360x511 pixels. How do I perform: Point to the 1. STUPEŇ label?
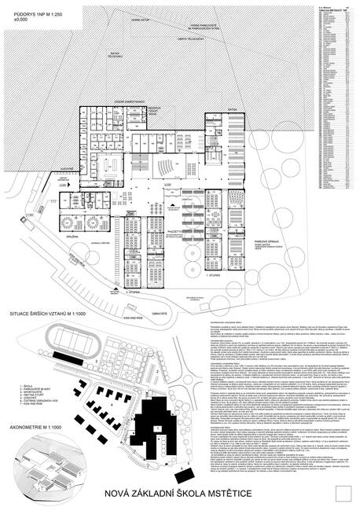tap(211, 277)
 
